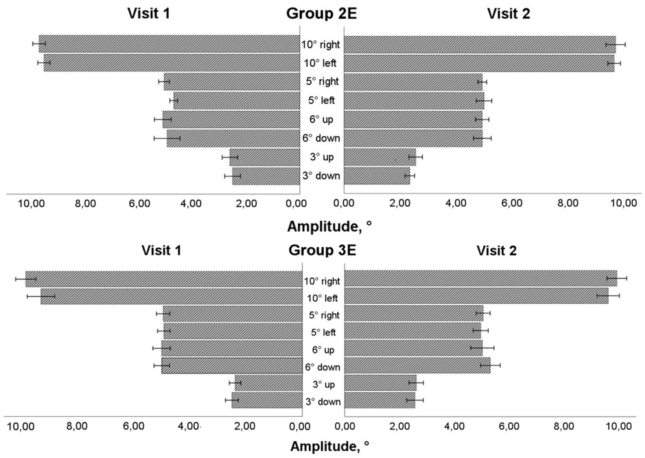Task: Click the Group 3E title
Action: (x=322, y=250)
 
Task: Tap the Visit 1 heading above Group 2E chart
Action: (x=149, y=13)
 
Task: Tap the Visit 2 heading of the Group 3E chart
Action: (x=496, y=250)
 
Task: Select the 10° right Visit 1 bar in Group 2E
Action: (x=169, y=44)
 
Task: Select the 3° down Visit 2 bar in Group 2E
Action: (x=377, y=176)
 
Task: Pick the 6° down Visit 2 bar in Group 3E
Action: (x=417, y=365)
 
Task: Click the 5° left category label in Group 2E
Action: (x=321, y=100)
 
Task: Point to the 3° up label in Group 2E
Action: (x=322, y=157)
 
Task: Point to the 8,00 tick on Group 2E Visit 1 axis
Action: (x=86, y=203)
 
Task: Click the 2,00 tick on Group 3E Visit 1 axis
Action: (x=245, y=426)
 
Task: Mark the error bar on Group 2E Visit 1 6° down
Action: (x=167, y=138)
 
